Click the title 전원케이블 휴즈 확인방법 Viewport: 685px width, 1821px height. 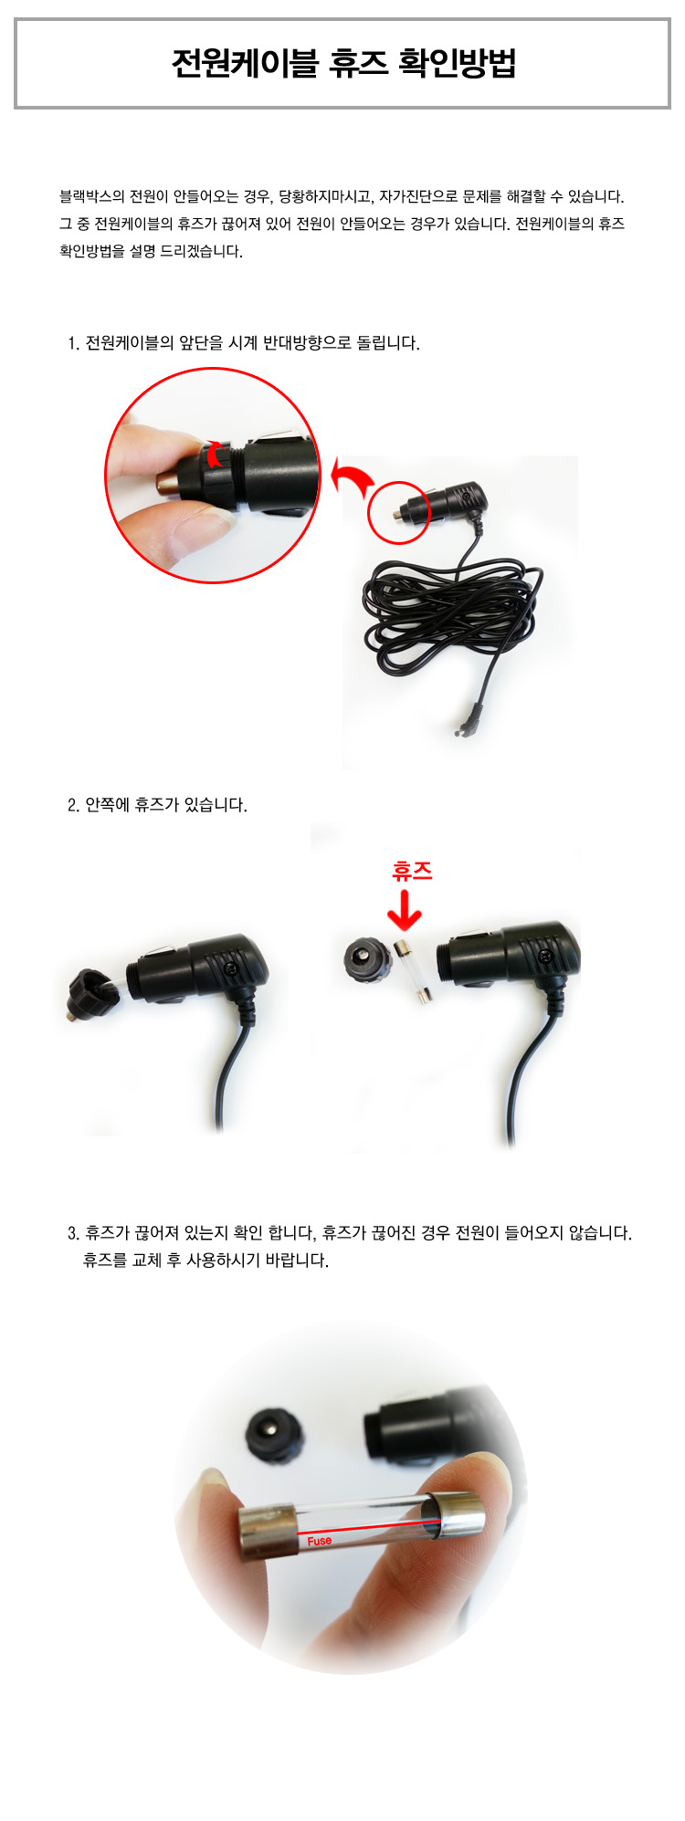tap(343, 64)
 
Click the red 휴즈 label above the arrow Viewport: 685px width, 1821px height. tap(412, 871)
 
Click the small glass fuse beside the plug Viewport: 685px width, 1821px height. tap(412, 970)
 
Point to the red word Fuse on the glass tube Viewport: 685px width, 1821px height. tap(320, 1541)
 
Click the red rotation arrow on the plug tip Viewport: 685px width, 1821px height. tap(216, 454)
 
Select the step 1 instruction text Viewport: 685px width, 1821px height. tap(244, 343)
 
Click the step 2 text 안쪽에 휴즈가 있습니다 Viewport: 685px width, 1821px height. tap(157, 805)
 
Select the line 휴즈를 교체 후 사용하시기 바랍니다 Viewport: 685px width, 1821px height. tap(206, 1261)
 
